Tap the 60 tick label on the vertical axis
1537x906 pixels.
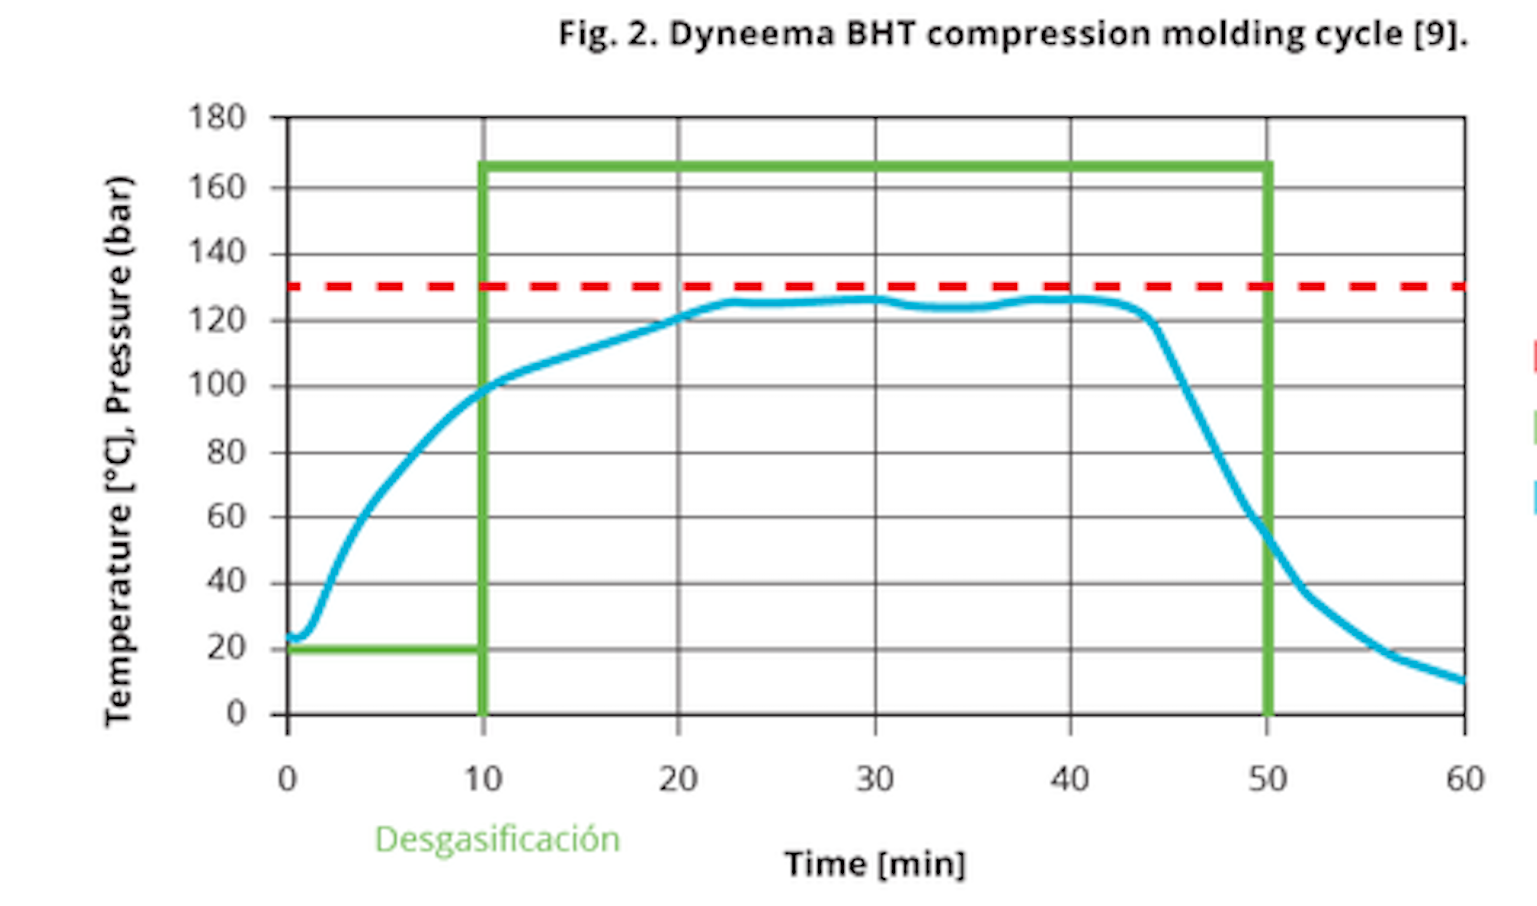225,518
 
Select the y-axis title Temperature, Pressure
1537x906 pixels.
119,452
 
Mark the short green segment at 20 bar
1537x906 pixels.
385,649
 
